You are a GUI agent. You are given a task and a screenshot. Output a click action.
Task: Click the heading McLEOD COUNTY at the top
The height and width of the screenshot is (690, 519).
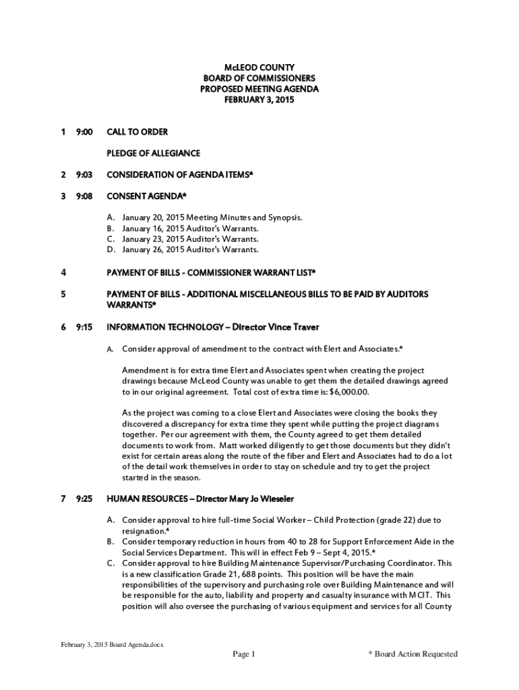tap(259, 67)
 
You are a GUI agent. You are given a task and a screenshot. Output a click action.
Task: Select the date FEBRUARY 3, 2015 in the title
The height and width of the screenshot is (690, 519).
tap(259, 100)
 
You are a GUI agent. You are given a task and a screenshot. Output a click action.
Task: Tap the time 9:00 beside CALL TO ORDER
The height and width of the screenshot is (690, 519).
tap(84, 131)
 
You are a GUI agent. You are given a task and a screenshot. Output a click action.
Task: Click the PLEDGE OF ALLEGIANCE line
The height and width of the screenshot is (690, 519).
tap(153, 153)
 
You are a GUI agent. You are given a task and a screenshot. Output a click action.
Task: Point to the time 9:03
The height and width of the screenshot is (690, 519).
tap(84, 175)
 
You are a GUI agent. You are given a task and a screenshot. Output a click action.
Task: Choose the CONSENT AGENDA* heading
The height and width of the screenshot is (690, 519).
tap(146, 196)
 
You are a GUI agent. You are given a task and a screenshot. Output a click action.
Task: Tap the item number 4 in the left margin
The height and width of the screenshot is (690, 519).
tap(63, 273)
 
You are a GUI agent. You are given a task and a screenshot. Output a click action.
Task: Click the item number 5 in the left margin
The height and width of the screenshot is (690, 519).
tap(63, 294)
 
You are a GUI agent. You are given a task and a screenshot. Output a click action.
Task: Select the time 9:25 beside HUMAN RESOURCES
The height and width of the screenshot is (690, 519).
tap(84, 499)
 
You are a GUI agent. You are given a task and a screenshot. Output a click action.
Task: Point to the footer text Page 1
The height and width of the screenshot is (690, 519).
tap(244, 654)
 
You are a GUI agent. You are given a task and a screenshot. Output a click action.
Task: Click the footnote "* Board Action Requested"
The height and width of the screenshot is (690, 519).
tap(413, 654)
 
